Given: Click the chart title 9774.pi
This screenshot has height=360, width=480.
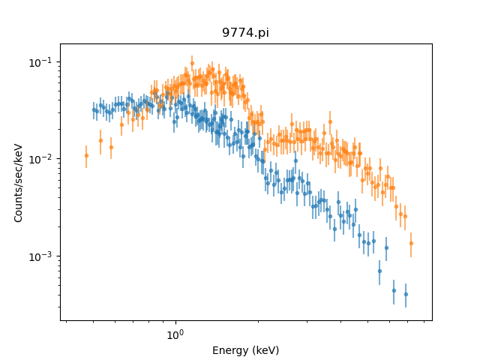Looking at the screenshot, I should tap(245, 33).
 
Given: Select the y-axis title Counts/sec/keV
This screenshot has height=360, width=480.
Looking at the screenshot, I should tap(19, 183).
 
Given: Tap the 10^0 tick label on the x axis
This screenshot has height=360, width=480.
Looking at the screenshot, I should tap(175, 335).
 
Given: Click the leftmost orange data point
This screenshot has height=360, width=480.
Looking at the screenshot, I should tap(86, 155).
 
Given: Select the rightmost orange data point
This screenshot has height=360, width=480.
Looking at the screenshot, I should tap(410, 243).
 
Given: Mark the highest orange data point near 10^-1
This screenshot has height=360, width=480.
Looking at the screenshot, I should tap(192, 63).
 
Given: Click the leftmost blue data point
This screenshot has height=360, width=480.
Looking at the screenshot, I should tap(94, 110).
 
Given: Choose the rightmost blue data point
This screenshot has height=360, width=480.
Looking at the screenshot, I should tap(406, 294).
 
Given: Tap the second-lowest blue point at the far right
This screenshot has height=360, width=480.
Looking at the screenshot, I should tap(394, 290).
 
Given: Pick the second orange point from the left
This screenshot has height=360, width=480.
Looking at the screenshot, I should tap(100, 140).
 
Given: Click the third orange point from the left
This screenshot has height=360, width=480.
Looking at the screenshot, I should tap(111, 147).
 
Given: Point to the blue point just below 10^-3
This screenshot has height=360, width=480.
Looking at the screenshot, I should tap(379, 271).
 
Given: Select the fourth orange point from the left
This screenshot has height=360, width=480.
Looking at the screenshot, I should tap(121, 124).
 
